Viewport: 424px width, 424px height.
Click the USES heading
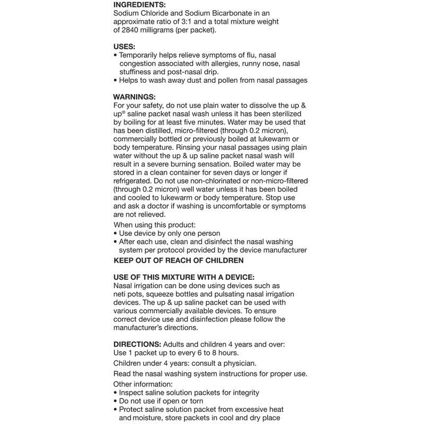pos(124,47)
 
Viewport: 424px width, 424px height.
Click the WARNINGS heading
pos(134,97)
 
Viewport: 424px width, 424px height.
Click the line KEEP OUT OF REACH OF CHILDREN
pos(179,260)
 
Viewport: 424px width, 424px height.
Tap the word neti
pos(121,294)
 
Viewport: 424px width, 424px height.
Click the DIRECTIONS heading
pos(137,344)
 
